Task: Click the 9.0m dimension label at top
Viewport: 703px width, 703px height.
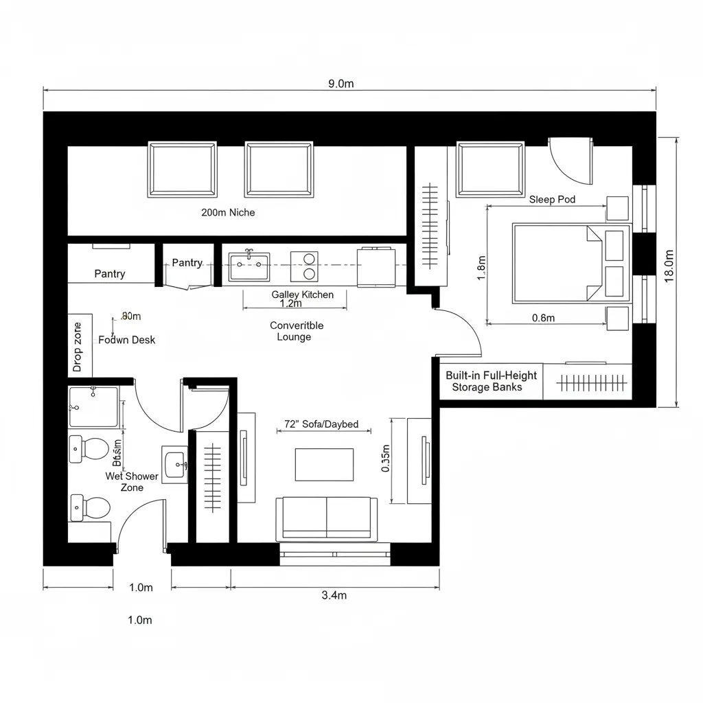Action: click(341, 84)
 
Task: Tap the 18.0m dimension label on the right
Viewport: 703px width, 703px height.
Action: click(669, 264)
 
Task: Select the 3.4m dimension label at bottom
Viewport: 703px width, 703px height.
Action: click(334, 595)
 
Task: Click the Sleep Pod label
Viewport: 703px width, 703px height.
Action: click(552, 200)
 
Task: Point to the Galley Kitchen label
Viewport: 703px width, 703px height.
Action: click(302, 295)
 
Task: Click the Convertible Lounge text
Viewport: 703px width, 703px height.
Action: click(296, 331)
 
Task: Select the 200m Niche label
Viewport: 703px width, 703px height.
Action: click(228, 213)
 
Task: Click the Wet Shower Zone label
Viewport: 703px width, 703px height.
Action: click(132, 481)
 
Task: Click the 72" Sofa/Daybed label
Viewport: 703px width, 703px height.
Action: click(321, 424)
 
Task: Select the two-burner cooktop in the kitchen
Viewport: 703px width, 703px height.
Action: click(304, 266)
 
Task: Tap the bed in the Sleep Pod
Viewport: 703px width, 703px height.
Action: click(571, 263)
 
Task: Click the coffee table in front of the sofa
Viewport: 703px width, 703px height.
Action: click(324, 464)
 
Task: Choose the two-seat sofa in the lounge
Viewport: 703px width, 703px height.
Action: click(326, 518)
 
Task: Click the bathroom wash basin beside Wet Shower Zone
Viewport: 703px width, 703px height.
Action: click(175, 465)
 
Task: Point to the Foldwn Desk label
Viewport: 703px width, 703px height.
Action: click(127, 340)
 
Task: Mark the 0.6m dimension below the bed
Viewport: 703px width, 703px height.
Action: click(544, 318)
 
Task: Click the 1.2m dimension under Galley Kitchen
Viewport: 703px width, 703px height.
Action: click(291, 303)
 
